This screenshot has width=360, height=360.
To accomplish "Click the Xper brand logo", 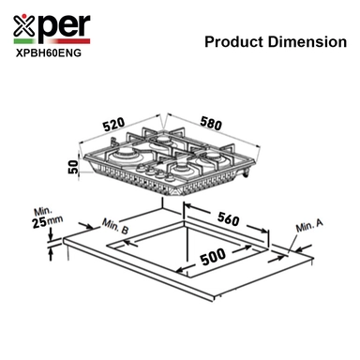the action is pyautogui.click(x=52, y=29).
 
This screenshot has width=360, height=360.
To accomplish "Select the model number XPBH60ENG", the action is pyautogui.click(x=49, y=53).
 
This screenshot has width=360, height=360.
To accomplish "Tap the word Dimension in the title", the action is pyautogui.click(x=307, y=42).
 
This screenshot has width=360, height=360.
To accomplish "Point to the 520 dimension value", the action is pyautogui.click(x=114, y=125).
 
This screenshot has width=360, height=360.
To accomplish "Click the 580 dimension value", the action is pyautogui.click(x=211, y=123).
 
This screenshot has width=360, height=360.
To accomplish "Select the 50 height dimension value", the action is pyautogui.click(x=72, y=167).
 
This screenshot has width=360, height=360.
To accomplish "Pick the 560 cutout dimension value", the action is pyautogui.click(x=229, y=218).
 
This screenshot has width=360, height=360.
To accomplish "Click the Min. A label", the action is pyautogui.click(x=309, y=225).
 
